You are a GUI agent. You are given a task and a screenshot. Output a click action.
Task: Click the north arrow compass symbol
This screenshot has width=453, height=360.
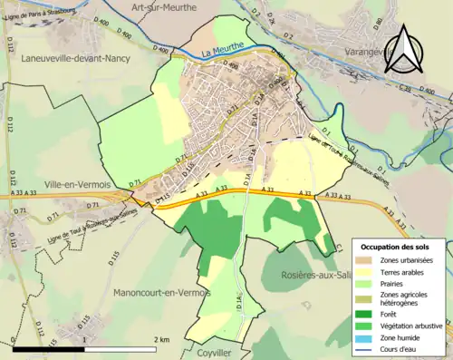(405, 47)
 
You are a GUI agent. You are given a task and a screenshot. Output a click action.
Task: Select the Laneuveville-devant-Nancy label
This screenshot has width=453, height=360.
(72, 58)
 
